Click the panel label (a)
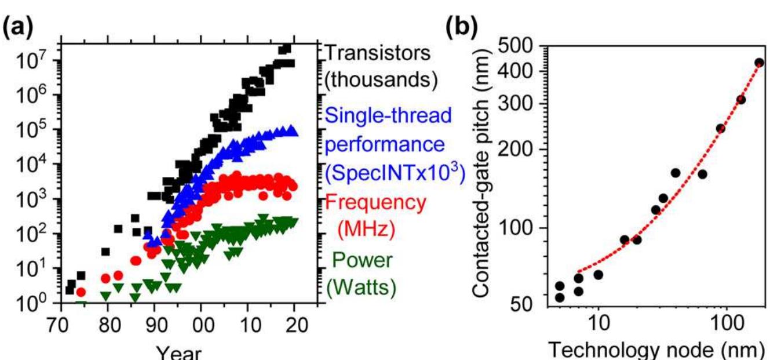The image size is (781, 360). [x=19, y=27]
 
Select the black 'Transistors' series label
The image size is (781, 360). [x=377, y=53]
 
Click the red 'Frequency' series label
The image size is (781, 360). [x=375, y=202]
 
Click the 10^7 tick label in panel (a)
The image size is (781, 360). [x=34, y=61]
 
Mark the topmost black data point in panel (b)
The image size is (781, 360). [x=760, y=62]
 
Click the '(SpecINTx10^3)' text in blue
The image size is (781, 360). [x=395, y=172]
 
